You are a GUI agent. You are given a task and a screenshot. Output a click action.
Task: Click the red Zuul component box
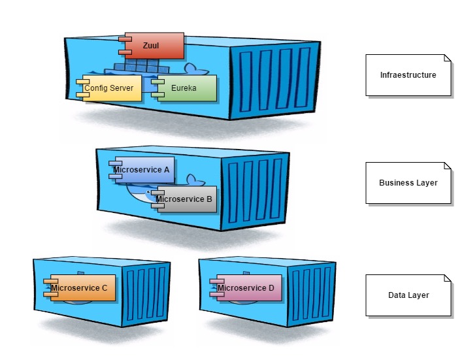tap(152, 46)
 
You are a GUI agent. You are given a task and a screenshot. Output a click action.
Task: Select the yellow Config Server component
tap(110, 88)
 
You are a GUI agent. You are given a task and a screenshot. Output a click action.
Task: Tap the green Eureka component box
tap(184, 88)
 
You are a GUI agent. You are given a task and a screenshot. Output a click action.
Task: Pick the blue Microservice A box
tap(142, 170)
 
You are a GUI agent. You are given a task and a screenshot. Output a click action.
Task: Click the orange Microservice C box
tap(81, 288)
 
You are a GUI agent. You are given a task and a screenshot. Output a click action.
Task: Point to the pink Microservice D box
tap(247, 288)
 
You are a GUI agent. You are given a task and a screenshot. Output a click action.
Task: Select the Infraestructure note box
tap(408, 75)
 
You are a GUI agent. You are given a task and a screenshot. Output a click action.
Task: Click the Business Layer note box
tap(408, 183)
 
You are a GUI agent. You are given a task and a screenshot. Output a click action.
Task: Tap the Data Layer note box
tap(408, 295)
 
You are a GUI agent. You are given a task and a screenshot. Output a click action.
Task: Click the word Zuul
tap(151, 46)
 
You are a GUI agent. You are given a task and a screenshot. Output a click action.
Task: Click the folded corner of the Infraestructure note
tap(448, 58)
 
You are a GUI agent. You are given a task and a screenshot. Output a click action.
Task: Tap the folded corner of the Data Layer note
tap(448, 278)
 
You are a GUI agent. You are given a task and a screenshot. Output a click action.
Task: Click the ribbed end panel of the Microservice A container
tap(255, 189)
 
